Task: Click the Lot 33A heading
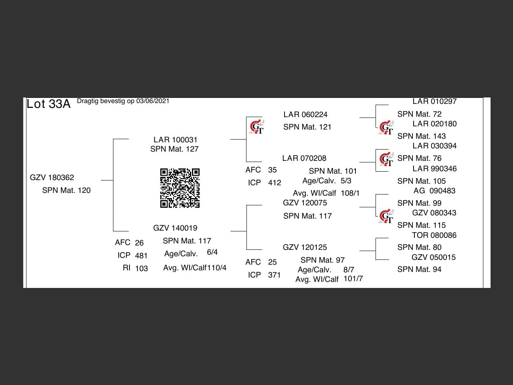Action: (48, 104)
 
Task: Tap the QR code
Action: (180, 188)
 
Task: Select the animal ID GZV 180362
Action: (52, 177)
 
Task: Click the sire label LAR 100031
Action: (176, 140)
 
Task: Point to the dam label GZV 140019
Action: (175, 228)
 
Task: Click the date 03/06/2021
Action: (153, 101)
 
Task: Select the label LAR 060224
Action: (305, 114)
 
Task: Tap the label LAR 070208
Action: (304, 158)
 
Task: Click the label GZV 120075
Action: (305, 203)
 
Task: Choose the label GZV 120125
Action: (305, 247)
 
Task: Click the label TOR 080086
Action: (434, 235)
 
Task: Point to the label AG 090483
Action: (434, 190)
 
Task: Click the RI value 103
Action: (141, 268)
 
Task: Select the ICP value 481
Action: (141, 255)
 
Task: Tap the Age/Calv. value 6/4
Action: (212, 252)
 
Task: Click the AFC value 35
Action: (273, 170)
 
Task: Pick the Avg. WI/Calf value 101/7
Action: (353, 278)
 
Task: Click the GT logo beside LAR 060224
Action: (256, 127)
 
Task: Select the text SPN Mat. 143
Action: (422, 136)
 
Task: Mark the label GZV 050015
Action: (434, 257)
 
